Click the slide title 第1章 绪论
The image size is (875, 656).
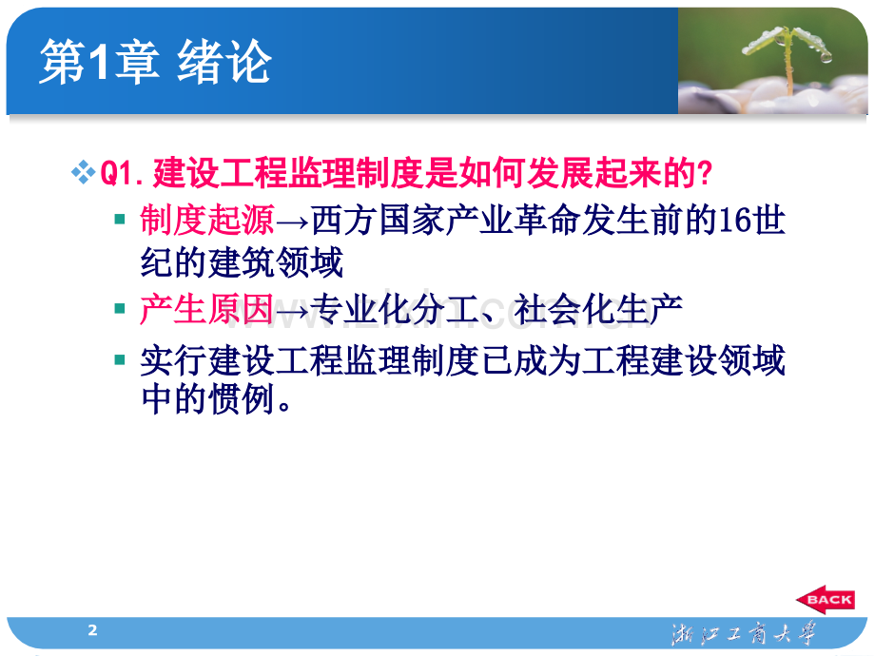(155, 65)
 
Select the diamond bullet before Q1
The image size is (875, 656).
(84, 173)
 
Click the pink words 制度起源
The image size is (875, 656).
(206, 221)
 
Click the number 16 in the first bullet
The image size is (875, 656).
(731, 221)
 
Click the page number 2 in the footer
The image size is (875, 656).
(92, 629)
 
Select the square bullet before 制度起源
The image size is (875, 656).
(119, 220)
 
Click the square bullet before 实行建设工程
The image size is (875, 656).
(119, 359)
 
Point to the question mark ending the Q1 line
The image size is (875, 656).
(705, 174)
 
